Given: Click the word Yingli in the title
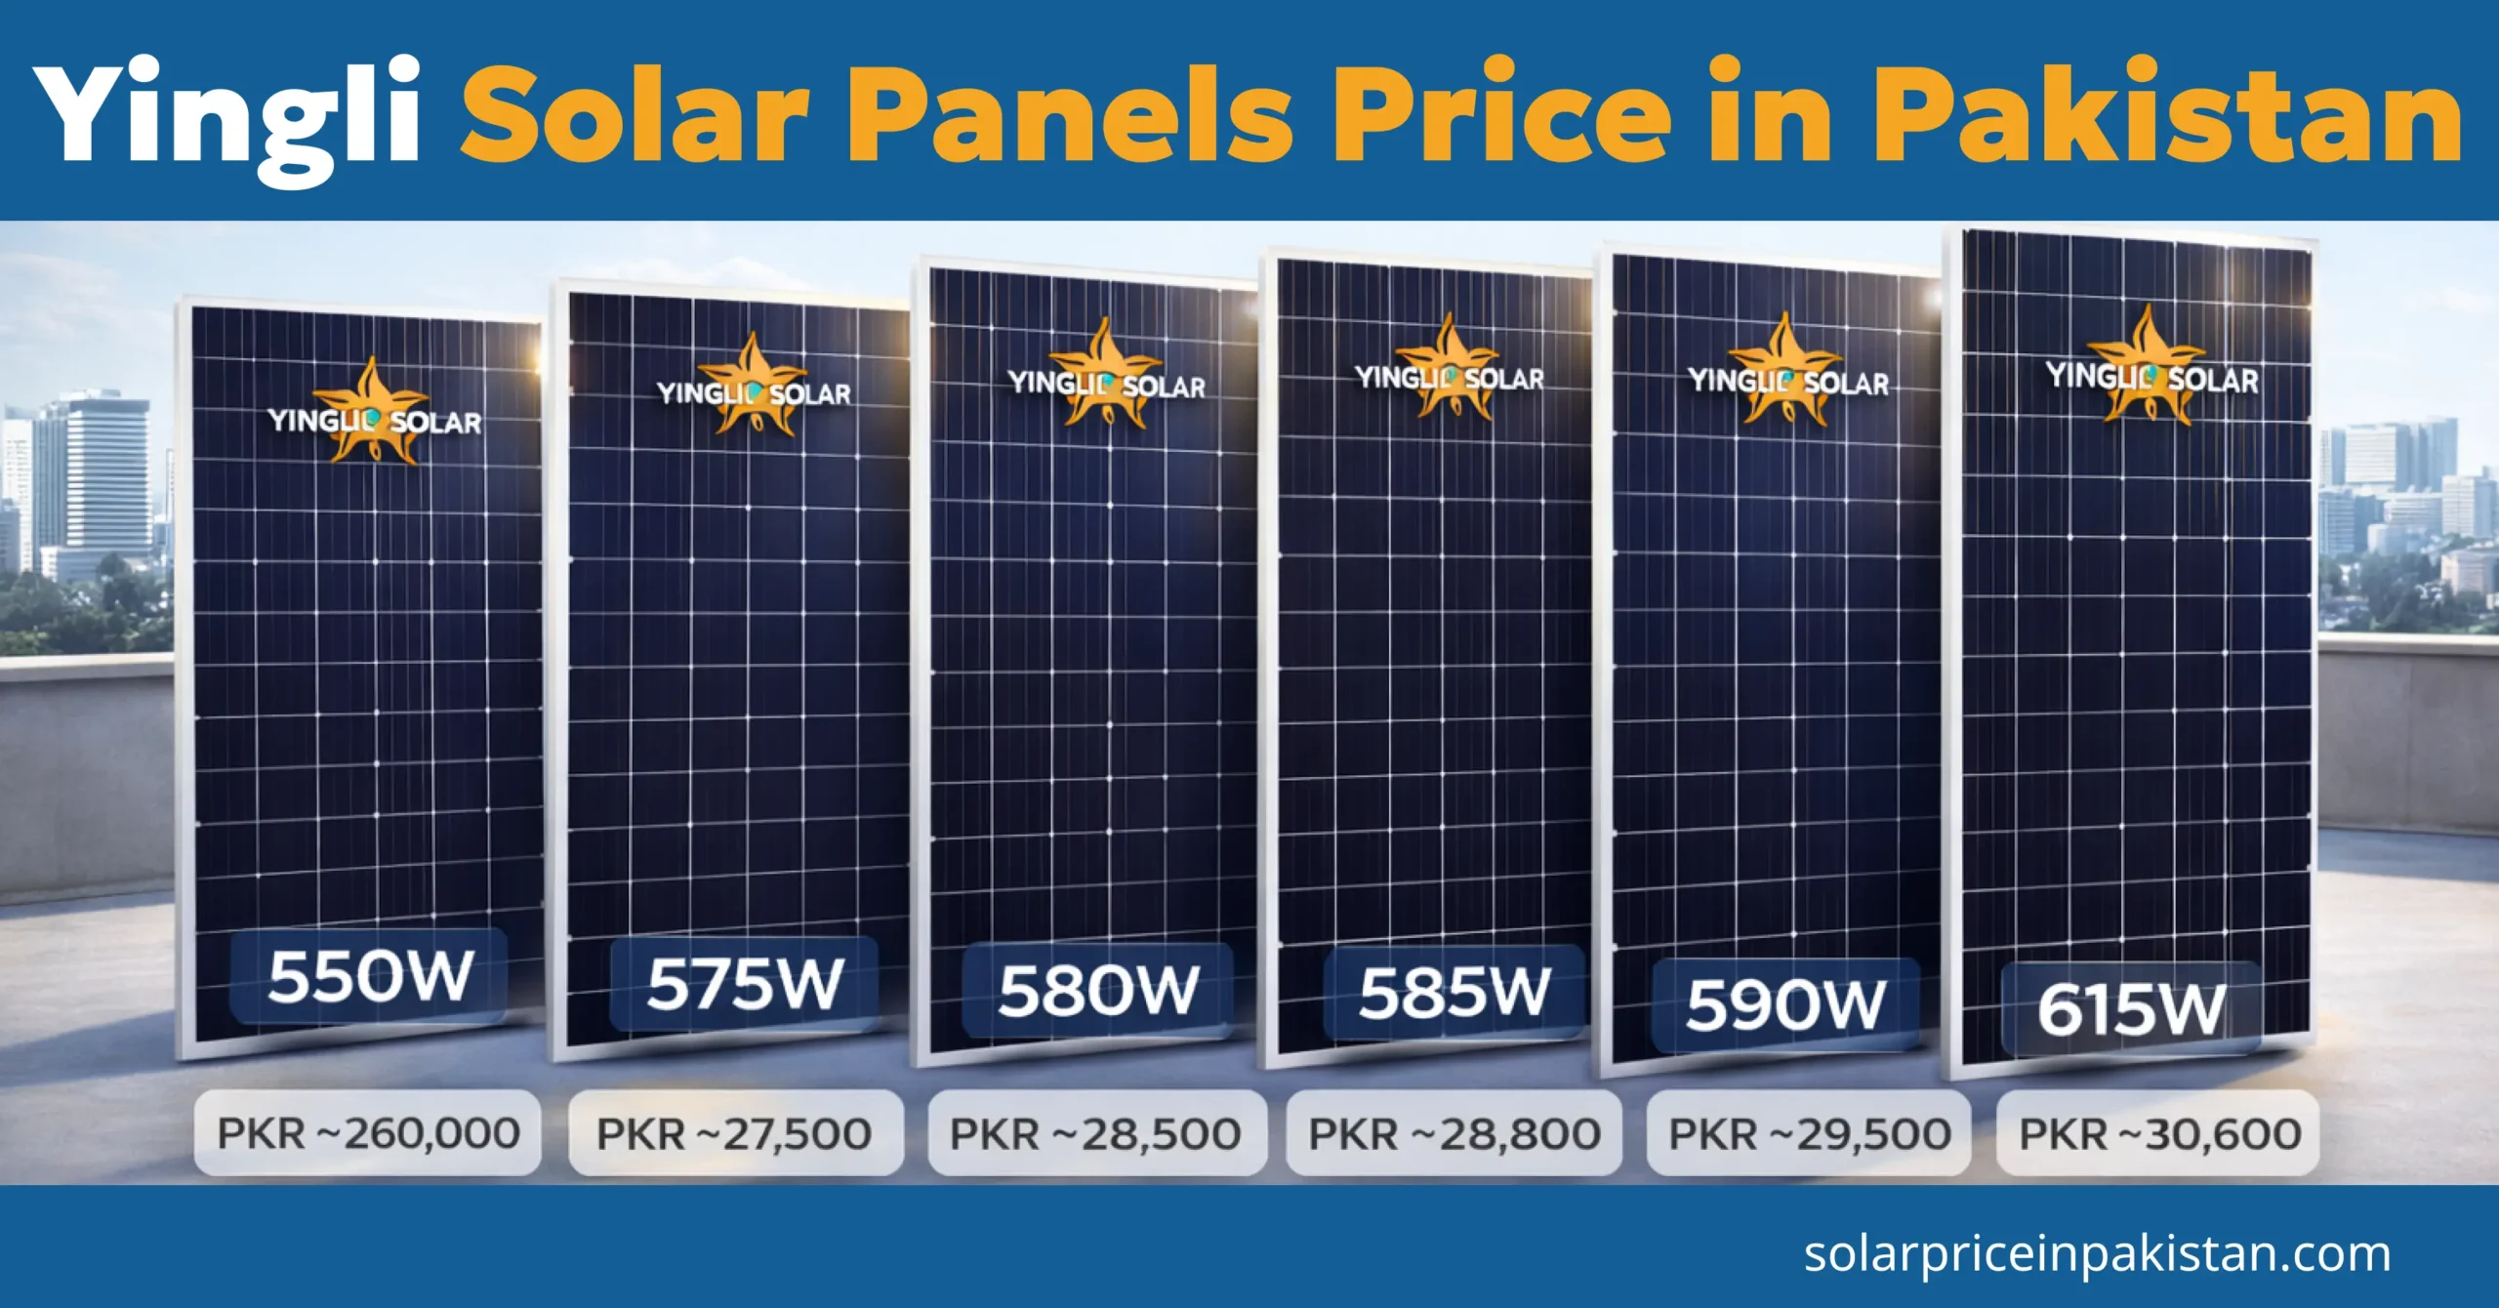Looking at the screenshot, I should pos(226,115).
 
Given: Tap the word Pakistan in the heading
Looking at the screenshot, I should pos(2165,115).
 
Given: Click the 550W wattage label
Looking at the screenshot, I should pos(370,976).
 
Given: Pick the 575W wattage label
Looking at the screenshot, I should pos(745,984).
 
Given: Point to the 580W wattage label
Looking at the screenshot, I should pos(1098,991).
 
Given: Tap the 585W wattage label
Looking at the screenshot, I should pos(1454,993).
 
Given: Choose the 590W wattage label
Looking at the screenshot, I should pos(1785,1004).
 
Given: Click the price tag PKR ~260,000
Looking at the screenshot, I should pos(368,1133).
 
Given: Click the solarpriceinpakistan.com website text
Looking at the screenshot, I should pos(2097,1254).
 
